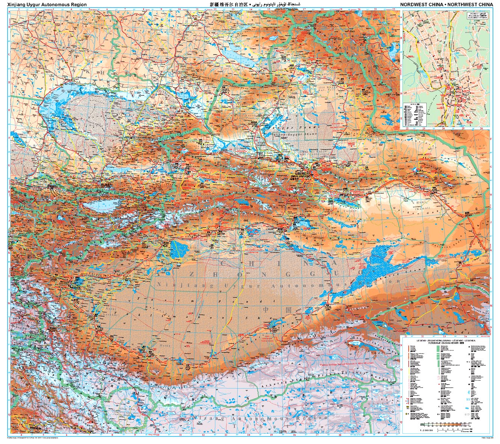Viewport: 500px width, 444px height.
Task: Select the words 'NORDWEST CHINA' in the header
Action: click(422, 5)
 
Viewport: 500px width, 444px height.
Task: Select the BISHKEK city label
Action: click(53, 185)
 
